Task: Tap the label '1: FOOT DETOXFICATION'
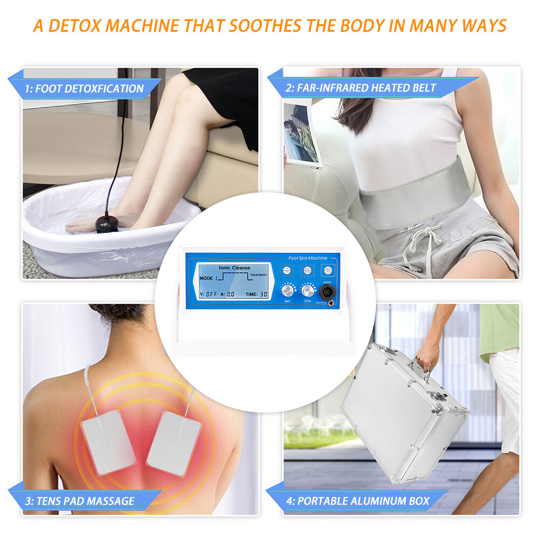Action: click(84, 88)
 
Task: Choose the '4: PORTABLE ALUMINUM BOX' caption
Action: click(358, 501)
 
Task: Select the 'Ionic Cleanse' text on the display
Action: click(234, 267)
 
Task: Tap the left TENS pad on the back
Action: click(108, 443)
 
